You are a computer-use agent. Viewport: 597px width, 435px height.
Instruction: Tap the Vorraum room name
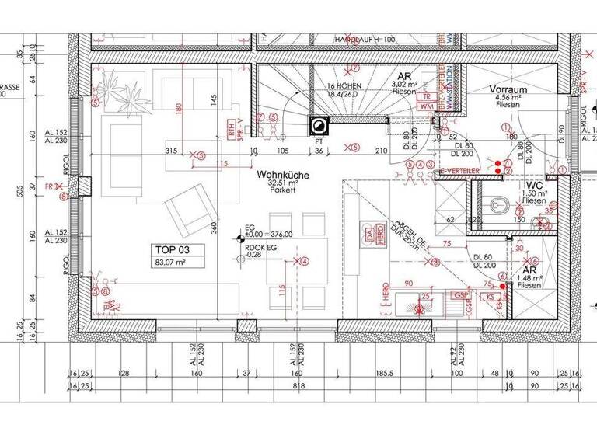tap(508, 90)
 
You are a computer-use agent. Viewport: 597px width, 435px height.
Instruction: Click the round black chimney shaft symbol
tap(319, 125)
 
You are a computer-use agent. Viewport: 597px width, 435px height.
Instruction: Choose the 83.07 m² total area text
tap(169, 263)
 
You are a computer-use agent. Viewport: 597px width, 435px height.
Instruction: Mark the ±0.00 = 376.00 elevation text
tap(269, 235)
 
